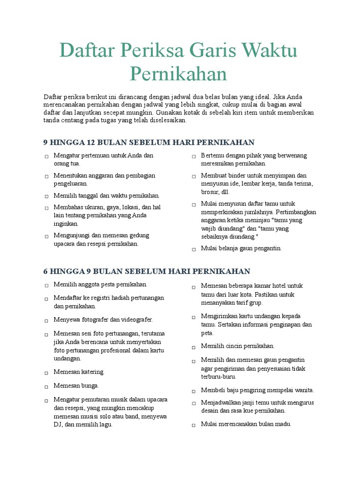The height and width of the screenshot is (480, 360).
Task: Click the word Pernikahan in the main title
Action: coord(178,74)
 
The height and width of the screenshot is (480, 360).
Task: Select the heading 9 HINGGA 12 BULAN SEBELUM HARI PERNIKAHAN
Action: coord(149,142)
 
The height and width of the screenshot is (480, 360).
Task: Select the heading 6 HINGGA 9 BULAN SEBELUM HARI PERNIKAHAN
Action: coord(147,271)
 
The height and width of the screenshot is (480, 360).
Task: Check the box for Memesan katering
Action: coord(47,373)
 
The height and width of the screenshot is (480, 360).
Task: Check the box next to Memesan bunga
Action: coord(47,387)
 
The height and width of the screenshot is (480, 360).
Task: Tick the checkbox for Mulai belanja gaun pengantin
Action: coord(194,250)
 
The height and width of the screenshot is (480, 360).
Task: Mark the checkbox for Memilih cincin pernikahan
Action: coord(194,347)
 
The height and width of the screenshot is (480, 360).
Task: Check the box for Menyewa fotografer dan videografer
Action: coord(47,321)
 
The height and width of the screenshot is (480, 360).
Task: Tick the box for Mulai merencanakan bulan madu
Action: coord(194,425)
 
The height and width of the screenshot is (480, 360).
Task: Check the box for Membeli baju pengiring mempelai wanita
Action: coord(194,391)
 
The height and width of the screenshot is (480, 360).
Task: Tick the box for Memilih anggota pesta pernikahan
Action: coord(47,285)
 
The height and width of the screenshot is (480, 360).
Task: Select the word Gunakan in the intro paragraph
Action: coord(168,113)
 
